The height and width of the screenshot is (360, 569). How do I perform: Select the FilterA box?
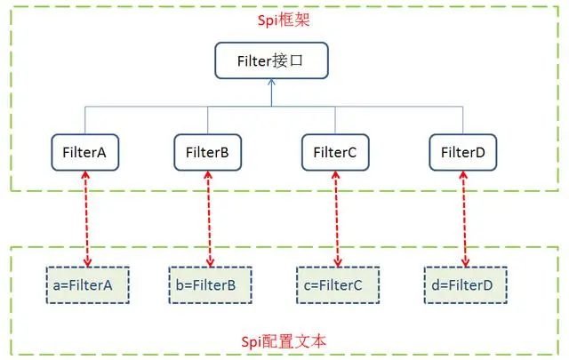(84, 152)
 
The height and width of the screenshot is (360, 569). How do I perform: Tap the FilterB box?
(208, 152)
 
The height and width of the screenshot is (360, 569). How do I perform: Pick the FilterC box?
(334, 152)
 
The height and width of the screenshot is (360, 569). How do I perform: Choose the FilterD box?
(462, 152)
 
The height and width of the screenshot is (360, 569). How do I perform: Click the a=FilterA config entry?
(87, 285)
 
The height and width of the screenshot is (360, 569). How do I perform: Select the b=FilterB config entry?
(210, 285)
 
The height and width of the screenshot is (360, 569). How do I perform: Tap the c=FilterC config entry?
(338, 285)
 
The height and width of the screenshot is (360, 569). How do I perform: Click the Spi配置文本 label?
(284, 342)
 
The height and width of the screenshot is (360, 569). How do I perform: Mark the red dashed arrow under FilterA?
(86, 218)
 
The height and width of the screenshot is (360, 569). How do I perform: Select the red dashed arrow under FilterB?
(210, 218)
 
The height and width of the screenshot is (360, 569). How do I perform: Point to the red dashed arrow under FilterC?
(337, 218)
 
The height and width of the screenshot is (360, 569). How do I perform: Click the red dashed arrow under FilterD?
(465, 218)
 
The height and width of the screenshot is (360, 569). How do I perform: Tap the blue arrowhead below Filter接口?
(271, 85)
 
